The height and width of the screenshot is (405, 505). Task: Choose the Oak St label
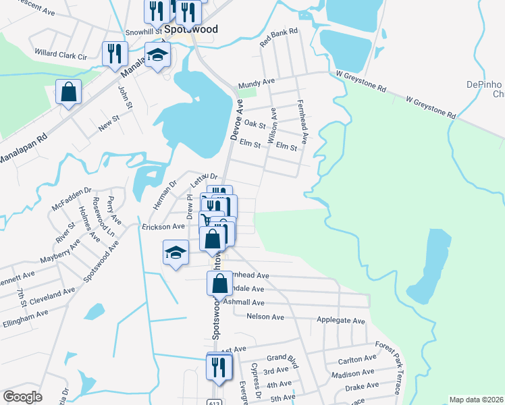point(255,124)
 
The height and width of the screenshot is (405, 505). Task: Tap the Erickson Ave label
point(163,227)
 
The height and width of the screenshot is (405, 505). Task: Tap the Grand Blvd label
point(282,358)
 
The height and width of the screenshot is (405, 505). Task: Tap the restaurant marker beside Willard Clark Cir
point(115,54)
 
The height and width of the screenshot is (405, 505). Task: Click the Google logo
point(22,397)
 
